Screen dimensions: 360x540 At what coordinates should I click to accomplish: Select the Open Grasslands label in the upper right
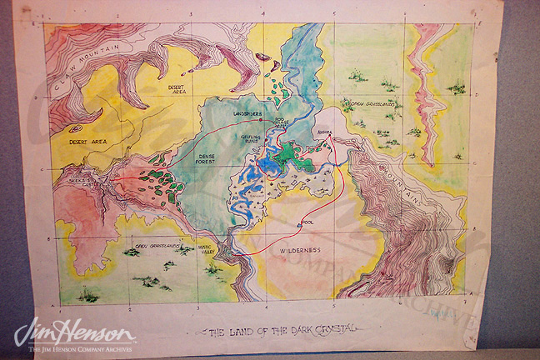pos(372,104)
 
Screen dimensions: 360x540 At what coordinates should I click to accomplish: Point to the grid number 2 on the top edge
pos(117,16)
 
